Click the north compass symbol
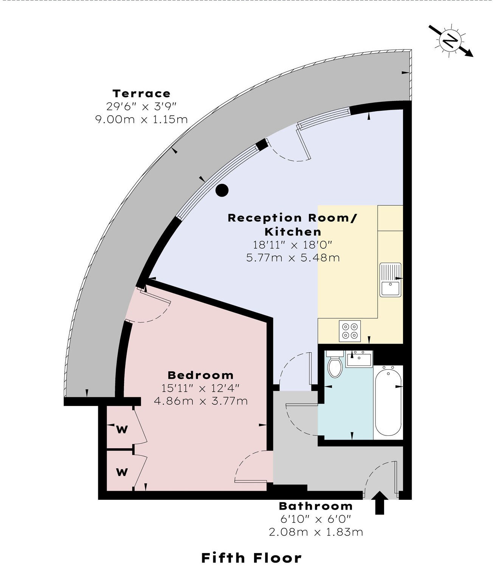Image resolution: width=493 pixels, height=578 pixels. coord(451,41)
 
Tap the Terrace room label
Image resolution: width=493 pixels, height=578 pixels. coord(141,93)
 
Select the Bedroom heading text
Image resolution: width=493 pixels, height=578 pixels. coord(200,375)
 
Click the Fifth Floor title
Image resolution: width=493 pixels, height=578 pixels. coord(251,558)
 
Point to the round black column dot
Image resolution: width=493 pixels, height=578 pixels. coord(222,191)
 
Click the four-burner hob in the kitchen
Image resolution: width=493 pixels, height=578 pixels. coord(350,331)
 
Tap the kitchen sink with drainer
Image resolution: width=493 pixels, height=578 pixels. coord(391,280)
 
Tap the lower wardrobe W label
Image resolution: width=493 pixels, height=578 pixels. coord(122,472)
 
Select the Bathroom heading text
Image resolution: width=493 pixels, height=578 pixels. coord(316,506)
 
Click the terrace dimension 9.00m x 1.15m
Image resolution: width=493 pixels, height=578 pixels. coord(141,120)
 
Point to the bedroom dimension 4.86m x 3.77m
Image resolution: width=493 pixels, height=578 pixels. coord(201,401)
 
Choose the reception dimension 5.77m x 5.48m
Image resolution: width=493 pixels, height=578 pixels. coord(293,257)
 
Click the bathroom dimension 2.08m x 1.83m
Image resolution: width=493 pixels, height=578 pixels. coord(316,532)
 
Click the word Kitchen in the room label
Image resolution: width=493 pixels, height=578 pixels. coord(293,232)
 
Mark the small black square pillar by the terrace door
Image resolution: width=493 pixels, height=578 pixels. coord(262,145)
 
